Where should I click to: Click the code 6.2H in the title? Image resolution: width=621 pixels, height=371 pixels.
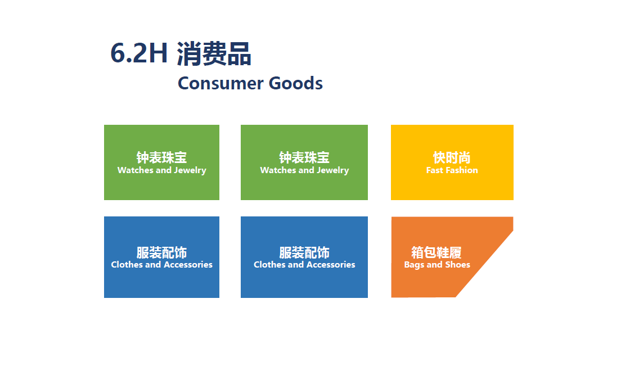click(139, 53)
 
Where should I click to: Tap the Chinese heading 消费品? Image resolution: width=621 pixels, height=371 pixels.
click(214, 53)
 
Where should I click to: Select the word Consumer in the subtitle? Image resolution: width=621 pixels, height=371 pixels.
click(220, 83)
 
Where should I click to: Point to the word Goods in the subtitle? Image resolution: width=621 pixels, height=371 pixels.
click(296, 83)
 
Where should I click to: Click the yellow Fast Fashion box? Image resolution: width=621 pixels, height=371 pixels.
click(452, 162)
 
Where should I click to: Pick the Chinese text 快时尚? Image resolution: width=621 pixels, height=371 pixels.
click(452, 157)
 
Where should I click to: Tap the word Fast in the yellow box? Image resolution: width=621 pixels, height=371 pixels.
click(434, 170)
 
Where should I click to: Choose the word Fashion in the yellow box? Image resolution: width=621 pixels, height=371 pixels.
click(462, 170)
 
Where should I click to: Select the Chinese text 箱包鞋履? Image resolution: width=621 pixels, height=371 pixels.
click(436, 252)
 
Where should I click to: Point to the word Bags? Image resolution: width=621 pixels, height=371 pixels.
click(414, 265)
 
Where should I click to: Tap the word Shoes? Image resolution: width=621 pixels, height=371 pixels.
click(458, 265)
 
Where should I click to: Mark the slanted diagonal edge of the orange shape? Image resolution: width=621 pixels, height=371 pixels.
click(485, 264)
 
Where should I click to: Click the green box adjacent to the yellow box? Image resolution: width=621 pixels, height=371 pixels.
click(304, 162)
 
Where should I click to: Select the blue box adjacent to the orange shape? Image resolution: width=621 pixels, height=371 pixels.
click(304, 257)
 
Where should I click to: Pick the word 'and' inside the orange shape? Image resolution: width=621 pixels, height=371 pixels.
click(434, 265)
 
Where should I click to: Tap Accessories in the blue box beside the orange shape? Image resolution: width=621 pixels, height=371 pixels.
click(333, 265)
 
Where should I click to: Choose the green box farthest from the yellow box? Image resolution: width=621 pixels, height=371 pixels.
click(161, 162)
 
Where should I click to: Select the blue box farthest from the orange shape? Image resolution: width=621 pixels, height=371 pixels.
click(161, 257)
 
